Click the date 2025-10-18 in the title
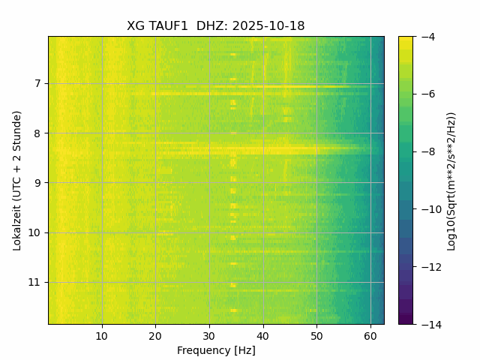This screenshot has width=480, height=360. click(268, 26)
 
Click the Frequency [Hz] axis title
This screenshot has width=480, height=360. click(216, 350)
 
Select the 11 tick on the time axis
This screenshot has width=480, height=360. click(34, 282)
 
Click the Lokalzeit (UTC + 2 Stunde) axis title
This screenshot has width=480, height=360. click(16, 180)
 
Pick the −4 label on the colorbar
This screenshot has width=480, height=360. click(427, 37)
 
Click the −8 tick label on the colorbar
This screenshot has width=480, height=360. click(427, 151)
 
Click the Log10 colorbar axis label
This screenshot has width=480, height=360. click(451, 180)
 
